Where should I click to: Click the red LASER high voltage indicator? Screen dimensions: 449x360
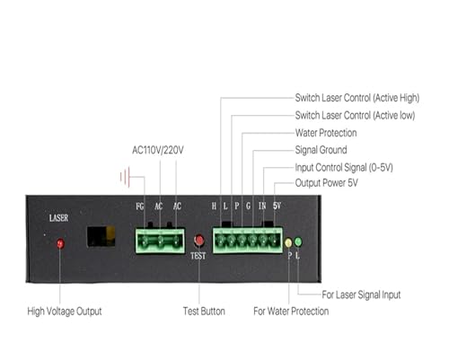click(x=60, y=243)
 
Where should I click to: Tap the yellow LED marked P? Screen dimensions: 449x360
click(x=288, y=242)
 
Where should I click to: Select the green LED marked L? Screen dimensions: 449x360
click(x=298, y=241)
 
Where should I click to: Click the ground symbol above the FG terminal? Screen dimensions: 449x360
click(x=126, y=177)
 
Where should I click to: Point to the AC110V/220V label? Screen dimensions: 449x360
click(x=158, y=150)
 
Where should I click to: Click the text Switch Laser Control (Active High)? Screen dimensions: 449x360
click(x=357, y=98)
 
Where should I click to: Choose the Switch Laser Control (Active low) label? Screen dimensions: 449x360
click(x=355, y=115)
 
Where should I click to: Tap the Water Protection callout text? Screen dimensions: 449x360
click(x=326, y=133)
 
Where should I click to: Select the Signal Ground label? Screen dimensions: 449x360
click(x=321, y=150)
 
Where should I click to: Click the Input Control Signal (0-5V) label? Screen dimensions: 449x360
click(x=344, y=167)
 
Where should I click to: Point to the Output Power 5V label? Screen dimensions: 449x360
click(x=326, y=182)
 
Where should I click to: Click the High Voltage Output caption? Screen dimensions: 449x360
click(x=65, y=312)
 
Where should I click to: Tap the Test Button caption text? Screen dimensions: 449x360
click(x=204, y=312)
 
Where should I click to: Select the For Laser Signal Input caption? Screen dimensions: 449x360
click(x=361, y=294)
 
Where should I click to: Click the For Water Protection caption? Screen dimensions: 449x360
click(x=291, y=312)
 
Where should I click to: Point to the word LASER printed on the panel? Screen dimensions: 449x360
click(x=58, y=218)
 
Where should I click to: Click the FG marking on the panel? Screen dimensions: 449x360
click(x=140, y=206)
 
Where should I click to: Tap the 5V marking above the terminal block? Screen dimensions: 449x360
click(x=277, y=206)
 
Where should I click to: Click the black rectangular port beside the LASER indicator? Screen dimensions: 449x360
click(x=101, y=236)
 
